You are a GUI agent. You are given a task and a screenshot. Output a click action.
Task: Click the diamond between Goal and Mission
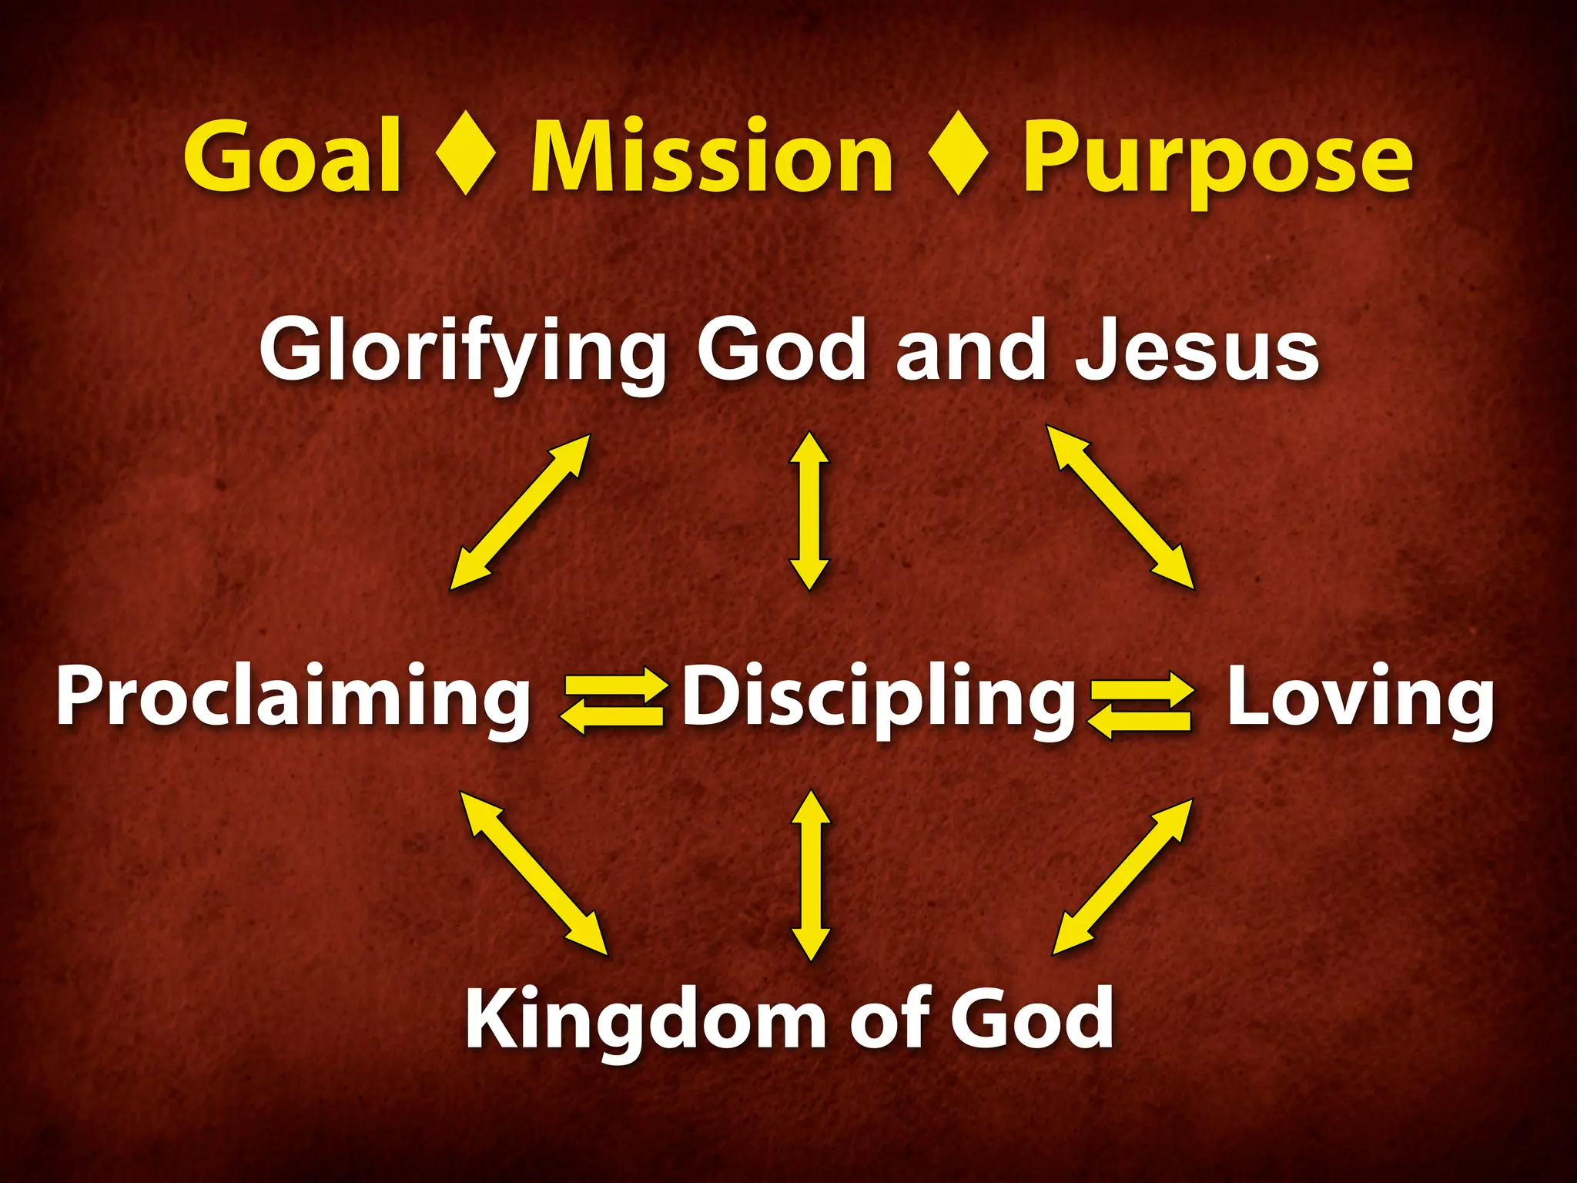tap(465, 153)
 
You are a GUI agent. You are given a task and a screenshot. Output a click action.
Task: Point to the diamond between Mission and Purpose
tap(958, 153)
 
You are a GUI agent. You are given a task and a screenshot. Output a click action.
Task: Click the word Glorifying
tap(463, 351)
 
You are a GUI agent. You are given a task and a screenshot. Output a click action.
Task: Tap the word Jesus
tap(1197, 351)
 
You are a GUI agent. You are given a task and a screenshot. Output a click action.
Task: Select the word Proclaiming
tap(293, 697)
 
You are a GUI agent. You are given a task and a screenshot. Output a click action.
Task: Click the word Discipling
tap(879, 697)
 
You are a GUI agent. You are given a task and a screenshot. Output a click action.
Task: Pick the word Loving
tap(1360, 697)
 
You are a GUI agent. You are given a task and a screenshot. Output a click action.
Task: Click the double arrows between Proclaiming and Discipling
tap(613, 699)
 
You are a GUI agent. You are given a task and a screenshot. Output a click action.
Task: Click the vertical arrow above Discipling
tap(809, 511)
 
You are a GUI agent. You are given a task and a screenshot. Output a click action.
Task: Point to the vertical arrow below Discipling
tap(810, 875)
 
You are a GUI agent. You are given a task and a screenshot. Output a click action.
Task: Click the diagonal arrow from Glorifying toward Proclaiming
tap(520, 512)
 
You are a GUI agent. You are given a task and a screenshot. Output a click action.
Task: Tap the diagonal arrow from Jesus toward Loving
tap(1120, 507)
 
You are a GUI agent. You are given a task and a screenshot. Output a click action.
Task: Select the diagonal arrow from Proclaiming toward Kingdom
tap(534, 873)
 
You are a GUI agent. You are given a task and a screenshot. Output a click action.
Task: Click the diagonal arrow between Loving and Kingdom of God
tap(1123, 876)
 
